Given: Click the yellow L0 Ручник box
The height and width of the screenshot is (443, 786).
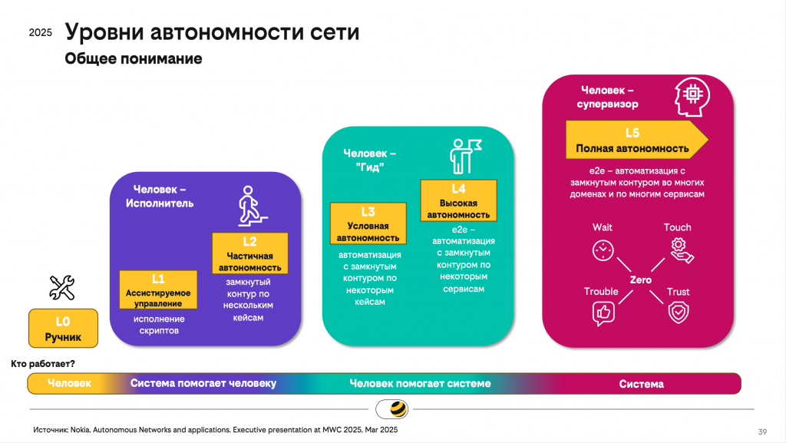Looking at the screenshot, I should [x=63, y=328].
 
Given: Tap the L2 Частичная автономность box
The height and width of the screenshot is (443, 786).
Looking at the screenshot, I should [x=250, y=253].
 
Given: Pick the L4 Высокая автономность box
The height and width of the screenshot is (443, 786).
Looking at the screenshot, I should [x=458, y=200].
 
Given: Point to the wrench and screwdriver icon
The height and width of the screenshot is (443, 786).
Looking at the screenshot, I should [x=62, y=287].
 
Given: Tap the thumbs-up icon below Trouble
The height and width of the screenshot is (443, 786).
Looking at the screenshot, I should [x=603, y=312].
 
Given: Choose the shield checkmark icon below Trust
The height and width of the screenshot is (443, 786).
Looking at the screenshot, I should [x=679, y=312].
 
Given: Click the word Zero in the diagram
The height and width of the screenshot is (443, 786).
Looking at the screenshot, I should [x=640, y=280].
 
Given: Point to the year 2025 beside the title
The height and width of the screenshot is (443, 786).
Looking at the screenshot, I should [x=40, y=33].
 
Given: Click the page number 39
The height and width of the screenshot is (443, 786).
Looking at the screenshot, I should [x=762, y=430].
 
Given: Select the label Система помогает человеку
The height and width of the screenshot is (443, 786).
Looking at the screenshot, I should [x=203, y=383].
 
